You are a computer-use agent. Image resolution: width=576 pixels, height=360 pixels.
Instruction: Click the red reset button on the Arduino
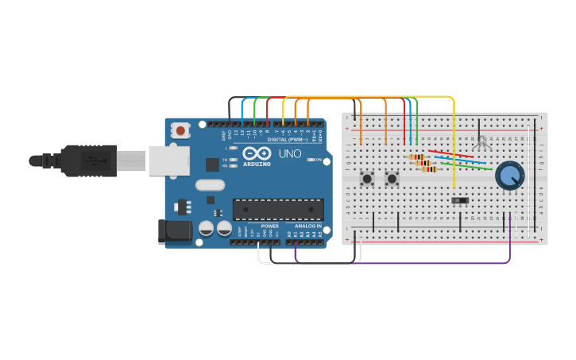[x=181, y=130]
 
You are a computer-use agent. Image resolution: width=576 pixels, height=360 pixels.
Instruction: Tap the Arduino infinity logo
[x=257, y=154]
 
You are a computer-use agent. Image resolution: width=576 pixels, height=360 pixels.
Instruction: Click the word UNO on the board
[x=289, y=153]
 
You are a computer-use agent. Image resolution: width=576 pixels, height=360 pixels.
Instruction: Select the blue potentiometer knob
[x=509, y=176]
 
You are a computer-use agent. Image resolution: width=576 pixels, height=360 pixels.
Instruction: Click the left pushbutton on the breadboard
[x=368, y=179]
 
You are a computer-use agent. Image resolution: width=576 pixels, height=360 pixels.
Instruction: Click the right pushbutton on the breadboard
[x=392, y=179]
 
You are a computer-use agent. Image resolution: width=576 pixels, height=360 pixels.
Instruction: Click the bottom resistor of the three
[x=429, y=169]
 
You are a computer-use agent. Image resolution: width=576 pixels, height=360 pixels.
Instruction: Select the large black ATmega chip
[x=278, y=209]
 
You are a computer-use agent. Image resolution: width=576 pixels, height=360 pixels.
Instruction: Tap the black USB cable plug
[x=87, y=160]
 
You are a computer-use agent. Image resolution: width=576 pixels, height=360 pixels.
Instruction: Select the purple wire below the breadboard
[x=397, y=262]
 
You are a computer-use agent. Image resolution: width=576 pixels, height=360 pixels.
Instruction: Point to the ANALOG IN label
[x=308, y=226]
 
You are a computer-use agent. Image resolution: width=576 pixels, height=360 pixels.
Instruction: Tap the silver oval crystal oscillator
[x=210, y=185]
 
